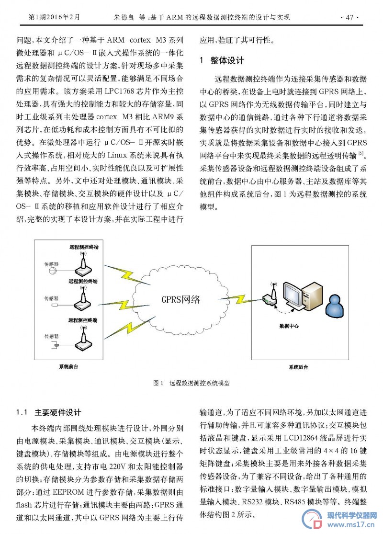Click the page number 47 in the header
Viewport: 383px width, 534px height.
[349, 17]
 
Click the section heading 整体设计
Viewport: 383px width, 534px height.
[227, 61]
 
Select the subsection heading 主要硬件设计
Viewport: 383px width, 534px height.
[58, 412]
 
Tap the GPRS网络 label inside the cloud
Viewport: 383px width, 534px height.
[181, 299]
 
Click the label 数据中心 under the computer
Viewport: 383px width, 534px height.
[289, 326]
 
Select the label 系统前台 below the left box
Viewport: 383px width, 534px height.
[68, 366]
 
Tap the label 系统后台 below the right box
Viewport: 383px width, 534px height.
[299, 367]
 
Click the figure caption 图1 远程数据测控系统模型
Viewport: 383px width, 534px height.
[191, 383]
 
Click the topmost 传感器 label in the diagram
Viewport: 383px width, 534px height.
[51, 264]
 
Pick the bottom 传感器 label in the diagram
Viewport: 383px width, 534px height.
[51, 336]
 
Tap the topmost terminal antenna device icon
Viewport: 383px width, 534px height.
[83, 263]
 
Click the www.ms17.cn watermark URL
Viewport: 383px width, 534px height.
[351, 524]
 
